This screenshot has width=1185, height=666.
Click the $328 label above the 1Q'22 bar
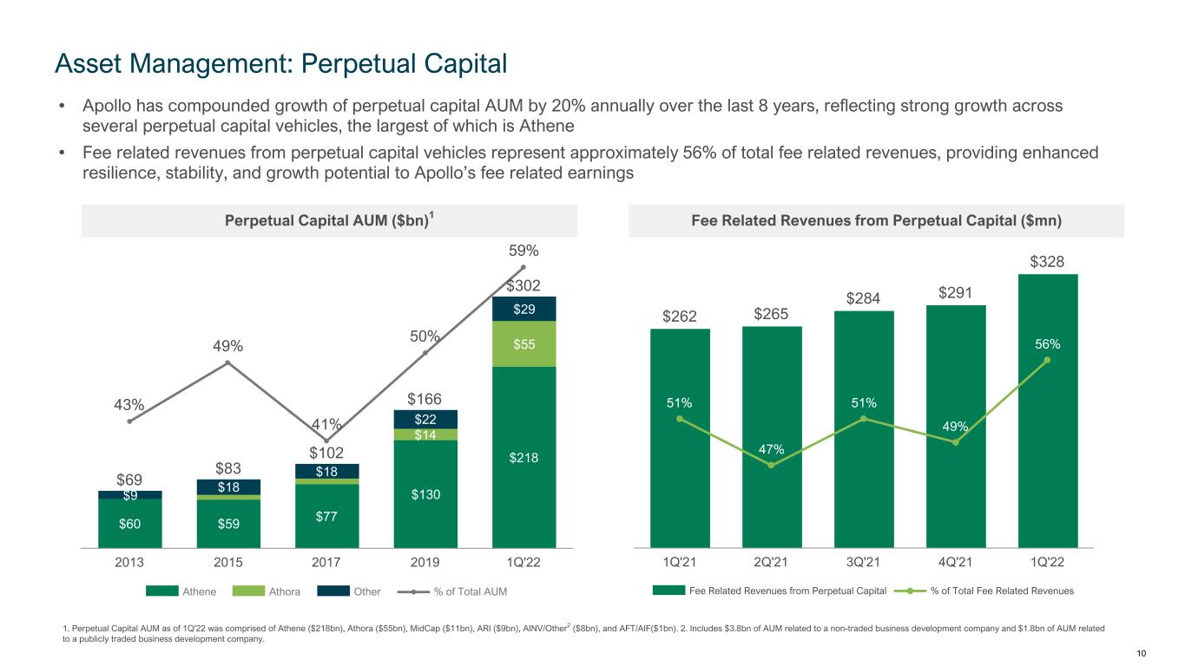coord(1048,262)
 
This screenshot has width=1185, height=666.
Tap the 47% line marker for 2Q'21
coord(772,466)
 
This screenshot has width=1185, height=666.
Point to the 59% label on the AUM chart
coord(523,251)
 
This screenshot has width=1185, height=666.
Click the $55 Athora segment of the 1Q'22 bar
coord(523,344)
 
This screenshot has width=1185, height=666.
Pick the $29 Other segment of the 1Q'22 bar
coord(523,309)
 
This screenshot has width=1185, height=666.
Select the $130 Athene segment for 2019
coord(425,494)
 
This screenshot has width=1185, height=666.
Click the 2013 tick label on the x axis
coord(129,562)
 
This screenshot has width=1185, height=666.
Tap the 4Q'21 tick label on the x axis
coord(956,562)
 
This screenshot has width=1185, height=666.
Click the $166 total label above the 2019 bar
coord(425,400)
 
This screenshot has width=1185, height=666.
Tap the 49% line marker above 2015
coord(227,362)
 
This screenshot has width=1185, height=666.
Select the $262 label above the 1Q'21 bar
coord(680,317)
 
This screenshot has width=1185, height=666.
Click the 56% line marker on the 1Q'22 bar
coord(1048,360)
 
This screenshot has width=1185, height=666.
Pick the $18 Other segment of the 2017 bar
coord(326,471)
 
